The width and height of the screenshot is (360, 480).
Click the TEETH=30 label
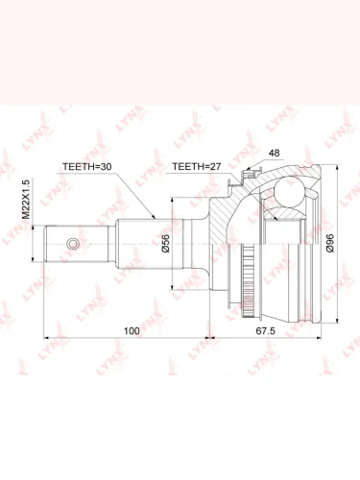click(x=86, y=167)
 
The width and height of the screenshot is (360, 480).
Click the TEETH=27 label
click(x=197, y=166)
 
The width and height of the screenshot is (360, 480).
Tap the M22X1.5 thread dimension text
click(x=26, y=200)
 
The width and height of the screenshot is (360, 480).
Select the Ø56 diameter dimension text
click(x=166, y=244)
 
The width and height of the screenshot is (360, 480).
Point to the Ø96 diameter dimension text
click(x=330, y=243)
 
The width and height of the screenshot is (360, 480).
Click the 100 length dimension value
click(x=132, y=331)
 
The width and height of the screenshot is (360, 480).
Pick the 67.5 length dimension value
click(x=266, y=331)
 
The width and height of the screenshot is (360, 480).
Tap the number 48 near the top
click(x=274, y=153)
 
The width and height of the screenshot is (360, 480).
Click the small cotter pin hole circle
click(x=73, y=244)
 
